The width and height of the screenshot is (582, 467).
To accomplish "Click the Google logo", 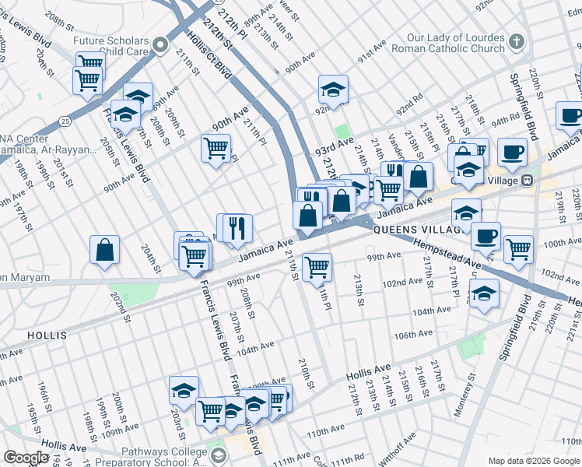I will [x=26, y=458].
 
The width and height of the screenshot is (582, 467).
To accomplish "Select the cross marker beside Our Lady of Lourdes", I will [x=516, y=40].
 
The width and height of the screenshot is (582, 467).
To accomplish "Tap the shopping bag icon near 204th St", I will [x=105, y=250].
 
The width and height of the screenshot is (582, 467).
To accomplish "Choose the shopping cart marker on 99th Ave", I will [x=317, y=266].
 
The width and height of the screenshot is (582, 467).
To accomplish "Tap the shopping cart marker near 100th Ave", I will [x=517, y=249].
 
